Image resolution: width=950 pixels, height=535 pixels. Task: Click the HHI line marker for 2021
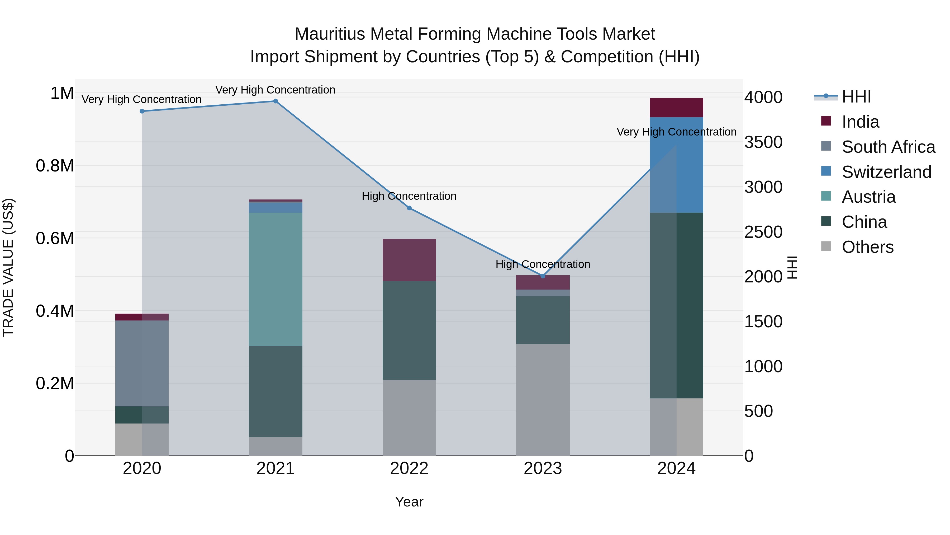tap(275, 101)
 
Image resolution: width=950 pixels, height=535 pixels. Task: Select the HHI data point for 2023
tap(543, 276)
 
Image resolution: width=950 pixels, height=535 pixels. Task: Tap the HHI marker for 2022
tap(409, 208)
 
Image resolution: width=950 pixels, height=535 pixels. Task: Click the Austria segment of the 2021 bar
tap(275, 279)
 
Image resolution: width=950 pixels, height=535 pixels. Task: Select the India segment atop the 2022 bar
tap(409, 260)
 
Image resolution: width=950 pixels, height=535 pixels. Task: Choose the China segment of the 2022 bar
tap(409, 331)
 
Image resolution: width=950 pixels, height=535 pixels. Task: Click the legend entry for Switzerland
tap(886, 172)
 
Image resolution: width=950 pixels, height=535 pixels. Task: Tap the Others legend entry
tap(867, 247)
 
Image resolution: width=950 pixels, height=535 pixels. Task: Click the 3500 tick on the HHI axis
tap(763, 142)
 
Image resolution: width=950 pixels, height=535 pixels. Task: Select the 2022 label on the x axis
tap(409, 468)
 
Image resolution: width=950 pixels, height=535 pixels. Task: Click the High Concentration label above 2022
tap(409, 196)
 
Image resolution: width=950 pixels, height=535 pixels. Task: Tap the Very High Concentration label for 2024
tap(676, 132)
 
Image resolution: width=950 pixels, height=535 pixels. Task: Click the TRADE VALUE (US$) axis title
tap(8, 267)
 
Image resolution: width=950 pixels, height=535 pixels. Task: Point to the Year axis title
tap(409, 502)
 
